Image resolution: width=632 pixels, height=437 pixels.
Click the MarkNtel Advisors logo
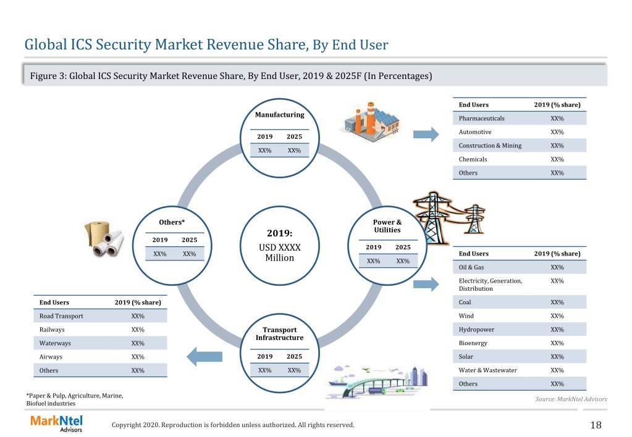56,423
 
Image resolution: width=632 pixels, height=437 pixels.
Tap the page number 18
596,425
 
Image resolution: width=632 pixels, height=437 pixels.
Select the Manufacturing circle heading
280,115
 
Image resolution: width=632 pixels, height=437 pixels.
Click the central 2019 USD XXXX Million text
280,245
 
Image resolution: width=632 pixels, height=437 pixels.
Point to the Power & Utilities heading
387,226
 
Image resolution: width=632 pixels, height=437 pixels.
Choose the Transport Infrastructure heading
280,333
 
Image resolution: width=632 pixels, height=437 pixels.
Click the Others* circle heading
172,222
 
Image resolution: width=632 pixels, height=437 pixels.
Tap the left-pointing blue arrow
204,356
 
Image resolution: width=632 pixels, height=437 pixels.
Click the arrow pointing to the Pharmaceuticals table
426,134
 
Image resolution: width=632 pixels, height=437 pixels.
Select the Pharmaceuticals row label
482,119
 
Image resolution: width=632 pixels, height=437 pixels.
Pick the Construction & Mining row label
490,146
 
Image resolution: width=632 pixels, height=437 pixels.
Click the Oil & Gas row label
471,267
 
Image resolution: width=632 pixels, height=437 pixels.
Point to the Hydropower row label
476,330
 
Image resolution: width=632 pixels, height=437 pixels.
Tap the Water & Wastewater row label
487,370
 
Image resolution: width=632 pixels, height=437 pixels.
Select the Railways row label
52,330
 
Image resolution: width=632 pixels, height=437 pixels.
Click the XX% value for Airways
138,357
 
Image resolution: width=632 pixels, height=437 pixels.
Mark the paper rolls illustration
104,239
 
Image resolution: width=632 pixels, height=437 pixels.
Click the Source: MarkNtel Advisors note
571,399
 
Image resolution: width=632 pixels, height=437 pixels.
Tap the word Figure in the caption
43,76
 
